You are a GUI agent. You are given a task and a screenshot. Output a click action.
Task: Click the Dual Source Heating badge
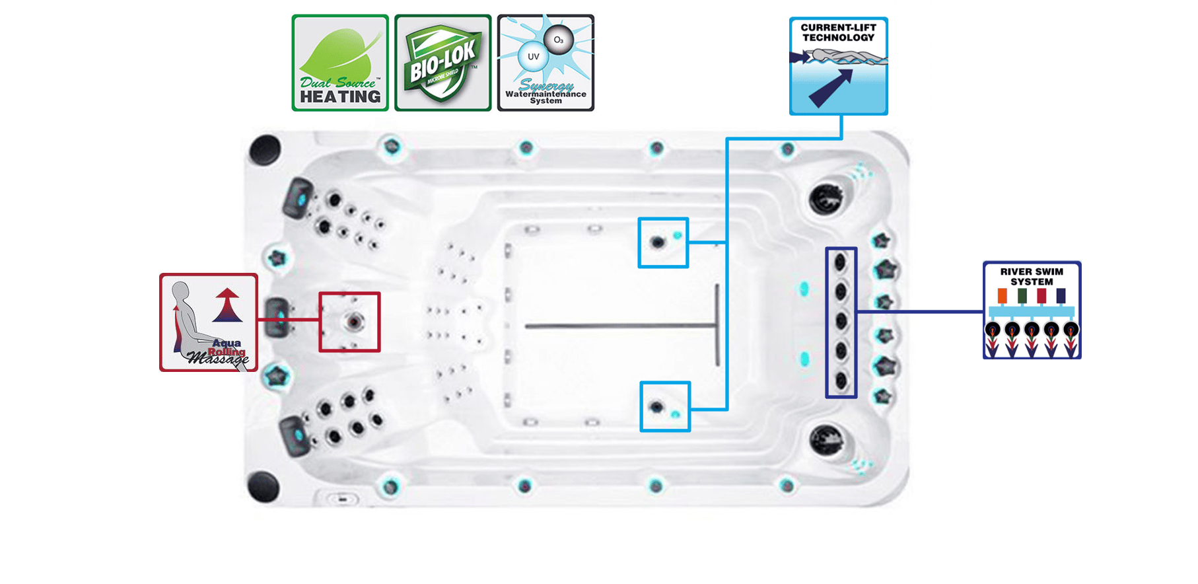(340, 63)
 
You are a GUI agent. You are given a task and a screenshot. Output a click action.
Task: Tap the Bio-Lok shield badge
(442, 63)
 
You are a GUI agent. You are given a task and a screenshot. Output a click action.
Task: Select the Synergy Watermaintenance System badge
(546, 63)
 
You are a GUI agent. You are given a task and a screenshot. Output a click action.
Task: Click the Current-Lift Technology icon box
(838, 66)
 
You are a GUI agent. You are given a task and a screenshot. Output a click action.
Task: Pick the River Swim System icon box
(1032, 310)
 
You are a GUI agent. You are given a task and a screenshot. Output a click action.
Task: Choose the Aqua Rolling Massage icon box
(209, 322)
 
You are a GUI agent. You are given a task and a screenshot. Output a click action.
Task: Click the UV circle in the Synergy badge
(534, 57)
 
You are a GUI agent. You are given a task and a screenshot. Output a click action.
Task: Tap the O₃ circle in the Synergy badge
(559, 40)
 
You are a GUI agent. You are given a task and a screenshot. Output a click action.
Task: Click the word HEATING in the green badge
(340, 96)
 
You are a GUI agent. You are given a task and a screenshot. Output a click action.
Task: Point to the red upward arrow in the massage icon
(227, 305)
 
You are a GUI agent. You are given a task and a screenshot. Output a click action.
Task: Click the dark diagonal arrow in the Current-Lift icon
(830, 89)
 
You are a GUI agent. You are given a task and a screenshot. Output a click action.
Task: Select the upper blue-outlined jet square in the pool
(663, 242)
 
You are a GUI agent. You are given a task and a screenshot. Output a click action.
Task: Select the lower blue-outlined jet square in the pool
(665, 407)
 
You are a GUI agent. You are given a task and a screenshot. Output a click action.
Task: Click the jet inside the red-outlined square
(354, 322)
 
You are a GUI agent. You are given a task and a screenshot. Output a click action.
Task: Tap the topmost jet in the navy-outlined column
(841, 262)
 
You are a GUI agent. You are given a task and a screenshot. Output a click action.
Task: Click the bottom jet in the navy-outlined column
(841, 380)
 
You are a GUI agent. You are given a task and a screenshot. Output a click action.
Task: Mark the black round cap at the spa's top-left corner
(265, 149)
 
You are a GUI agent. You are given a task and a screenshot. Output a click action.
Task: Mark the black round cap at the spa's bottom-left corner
(264, 487)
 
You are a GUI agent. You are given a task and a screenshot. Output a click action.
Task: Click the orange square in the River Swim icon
(1002, 296)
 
